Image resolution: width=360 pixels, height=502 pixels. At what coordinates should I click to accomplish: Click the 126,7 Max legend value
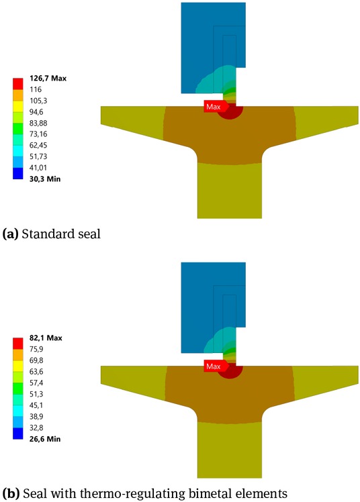(x=48, y=78)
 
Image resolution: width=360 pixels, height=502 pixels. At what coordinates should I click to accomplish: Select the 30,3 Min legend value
(x=43, y=179)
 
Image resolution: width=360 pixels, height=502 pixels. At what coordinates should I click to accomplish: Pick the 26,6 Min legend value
(x=43, y=438)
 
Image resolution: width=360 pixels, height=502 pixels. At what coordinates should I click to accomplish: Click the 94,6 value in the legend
(x=36, y=111)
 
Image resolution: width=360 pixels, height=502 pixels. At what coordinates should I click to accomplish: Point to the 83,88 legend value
(x=38, y=123)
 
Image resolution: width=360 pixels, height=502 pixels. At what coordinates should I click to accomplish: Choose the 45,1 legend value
(x=36, y=405)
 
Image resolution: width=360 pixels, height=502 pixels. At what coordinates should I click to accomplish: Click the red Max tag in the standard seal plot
(x=214, y=107)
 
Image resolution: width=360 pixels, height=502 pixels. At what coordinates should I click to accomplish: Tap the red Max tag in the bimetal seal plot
(x=214, y=366)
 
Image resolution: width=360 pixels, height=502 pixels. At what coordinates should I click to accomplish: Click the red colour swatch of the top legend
(x=17, y=84)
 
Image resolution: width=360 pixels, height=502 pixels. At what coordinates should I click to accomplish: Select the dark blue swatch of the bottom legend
(x=17, y=433)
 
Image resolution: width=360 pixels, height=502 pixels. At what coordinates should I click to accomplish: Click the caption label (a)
(x=10, y=235)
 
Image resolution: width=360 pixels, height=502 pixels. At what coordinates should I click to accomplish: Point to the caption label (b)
(x=11, y=493)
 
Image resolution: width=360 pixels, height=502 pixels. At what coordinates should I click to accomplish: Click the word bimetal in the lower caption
(x=183, y=493)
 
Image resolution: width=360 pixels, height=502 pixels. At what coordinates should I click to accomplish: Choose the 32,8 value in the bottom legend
(x=36, y=427)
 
